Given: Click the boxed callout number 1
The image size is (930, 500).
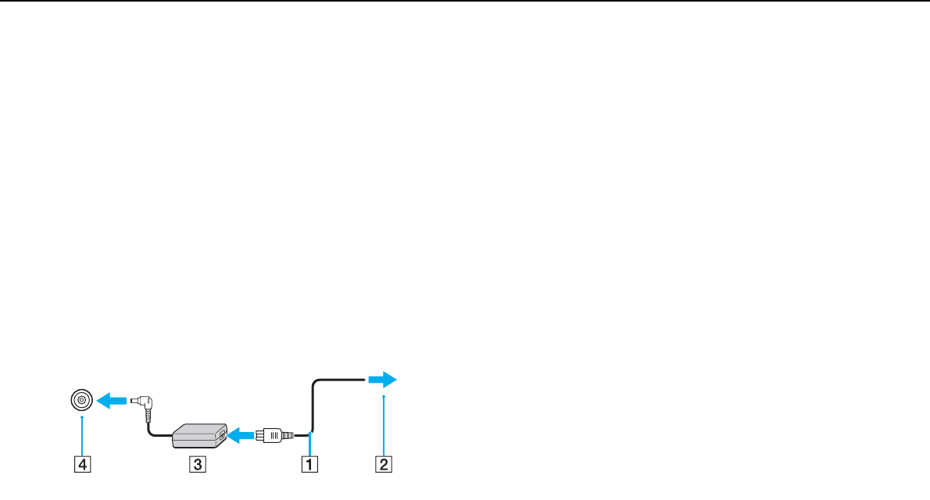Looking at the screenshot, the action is pos(311,465).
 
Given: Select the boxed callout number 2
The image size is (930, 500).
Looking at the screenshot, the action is pos(384,465).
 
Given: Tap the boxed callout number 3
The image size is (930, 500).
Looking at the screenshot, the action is pos(199,465).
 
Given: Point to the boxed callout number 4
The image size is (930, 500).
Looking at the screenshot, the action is pos(81,465).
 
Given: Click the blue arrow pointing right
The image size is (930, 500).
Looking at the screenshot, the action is pos(382,380).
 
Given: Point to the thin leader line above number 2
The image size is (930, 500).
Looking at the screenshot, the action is pos(384,426).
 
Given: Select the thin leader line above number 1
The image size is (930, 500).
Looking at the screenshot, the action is pos(311,445).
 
